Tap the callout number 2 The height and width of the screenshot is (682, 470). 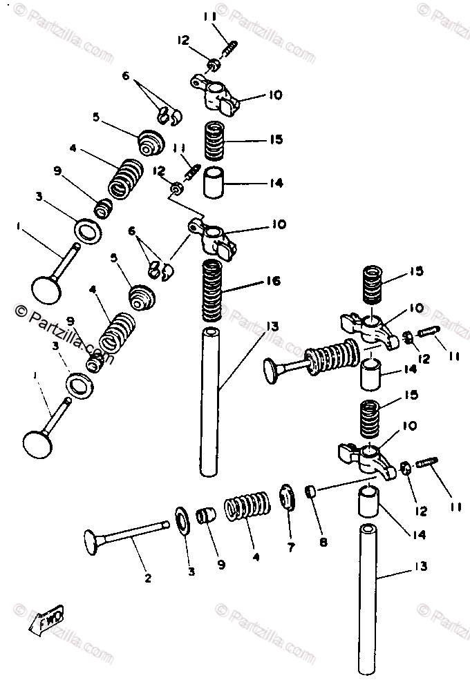[x=147, y=578]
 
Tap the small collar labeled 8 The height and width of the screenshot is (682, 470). [x=311, y=491]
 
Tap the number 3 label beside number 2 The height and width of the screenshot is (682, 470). [x=191, y=571]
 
